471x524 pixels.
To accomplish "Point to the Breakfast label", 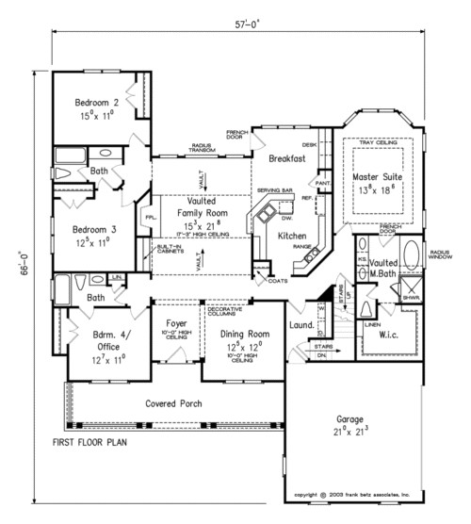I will (x=286, y=159).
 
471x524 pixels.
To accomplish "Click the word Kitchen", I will (x=293, y=235).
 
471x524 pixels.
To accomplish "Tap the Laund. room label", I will (x=300, y=326).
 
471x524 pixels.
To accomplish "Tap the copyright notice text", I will (x=352, y=493).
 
